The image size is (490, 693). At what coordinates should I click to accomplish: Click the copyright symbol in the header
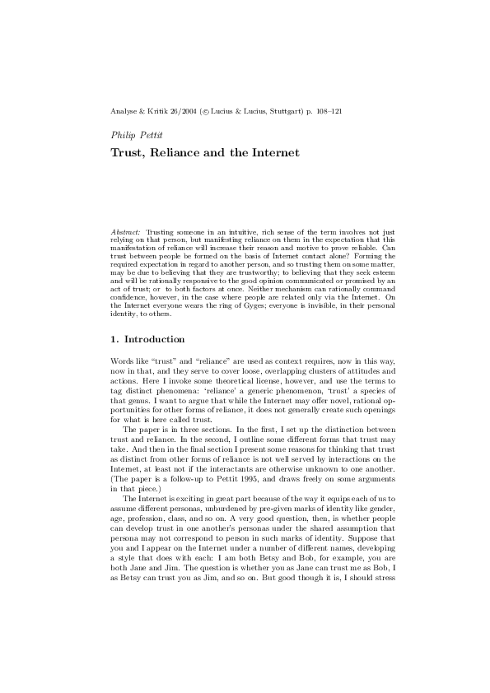click(203, 109)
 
